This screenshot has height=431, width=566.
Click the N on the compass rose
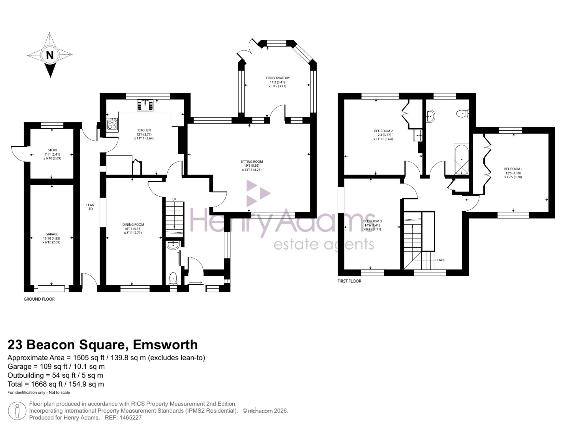(50, 55)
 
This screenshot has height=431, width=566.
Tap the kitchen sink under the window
(145, 105)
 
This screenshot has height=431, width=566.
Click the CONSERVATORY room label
(278, 78)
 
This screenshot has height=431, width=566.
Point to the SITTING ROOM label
(252, 162)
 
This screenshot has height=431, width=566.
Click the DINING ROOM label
(133, 225)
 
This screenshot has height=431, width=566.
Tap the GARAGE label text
(52, 234)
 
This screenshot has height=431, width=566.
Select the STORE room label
(53, 150)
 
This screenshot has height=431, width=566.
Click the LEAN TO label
(90, 207)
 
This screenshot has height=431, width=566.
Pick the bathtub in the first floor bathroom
(461, 159)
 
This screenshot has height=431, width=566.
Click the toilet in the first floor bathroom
(463, 114)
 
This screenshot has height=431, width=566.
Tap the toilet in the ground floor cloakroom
(173, 278)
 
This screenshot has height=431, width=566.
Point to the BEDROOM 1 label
(513, 169)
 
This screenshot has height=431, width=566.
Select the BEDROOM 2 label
(383, 131)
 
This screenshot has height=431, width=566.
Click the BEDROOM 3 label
(372, 221)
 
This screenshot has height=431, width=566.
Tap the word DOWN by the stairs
(440, 260)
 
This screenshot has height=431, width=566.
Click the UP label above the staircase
(174, 199)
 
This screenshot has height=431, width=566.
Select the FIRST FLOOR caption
(349, 281)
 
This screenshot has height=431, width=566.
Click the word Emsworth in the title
(165, 345)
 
